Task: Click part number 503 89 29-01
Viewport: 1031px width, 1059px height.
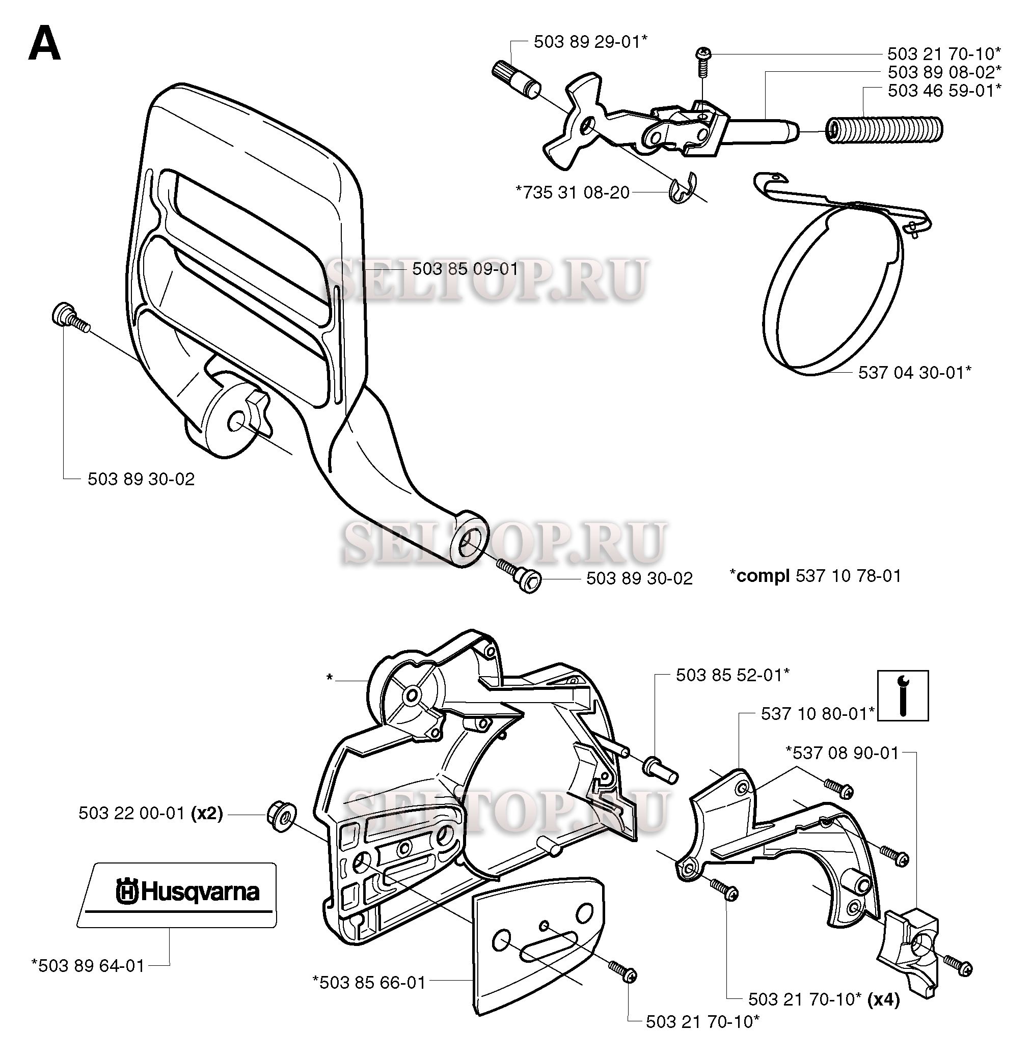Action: point(591,42)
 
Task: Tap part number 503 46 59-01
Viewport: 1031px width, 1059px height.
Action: point(944,90)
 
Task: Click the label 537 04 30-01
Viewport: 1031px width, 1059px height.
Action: point(914,372)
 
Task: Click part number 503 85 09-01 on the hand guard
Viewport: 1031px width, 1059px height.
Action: point(465,269)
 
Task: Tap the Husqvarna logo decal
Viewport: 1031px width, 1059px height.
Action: point(177,895)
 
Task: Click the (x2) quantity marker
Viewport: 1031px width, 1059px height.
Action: point(207,813)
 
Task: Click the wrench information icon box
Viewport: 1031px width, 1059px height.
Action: point(903,695)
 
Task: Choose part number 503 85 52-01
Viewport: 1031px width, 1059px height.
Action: point(732,675)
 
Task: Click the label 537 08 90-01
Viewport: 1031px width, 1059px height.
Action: point(842,753)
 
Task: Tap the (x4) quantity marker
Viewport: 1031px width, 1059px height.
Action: point(883,999)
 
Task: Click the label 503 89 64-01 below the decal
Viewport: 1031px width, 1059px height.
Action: point(88,965)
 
